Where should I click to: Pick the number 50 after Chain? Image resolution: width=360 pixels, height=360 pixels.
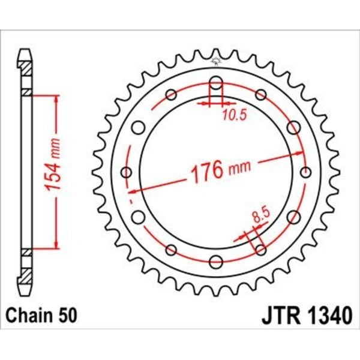point(68,314)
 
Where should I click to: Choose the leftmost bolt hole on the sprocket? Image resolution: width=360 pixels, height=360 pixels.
point(126,173)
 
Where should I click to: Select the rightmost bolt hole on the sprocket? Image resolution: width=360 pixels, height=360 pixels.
point(307,173)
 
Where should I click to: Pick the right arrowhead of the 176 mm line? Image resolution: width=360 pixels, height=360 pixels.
point(302,157)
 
